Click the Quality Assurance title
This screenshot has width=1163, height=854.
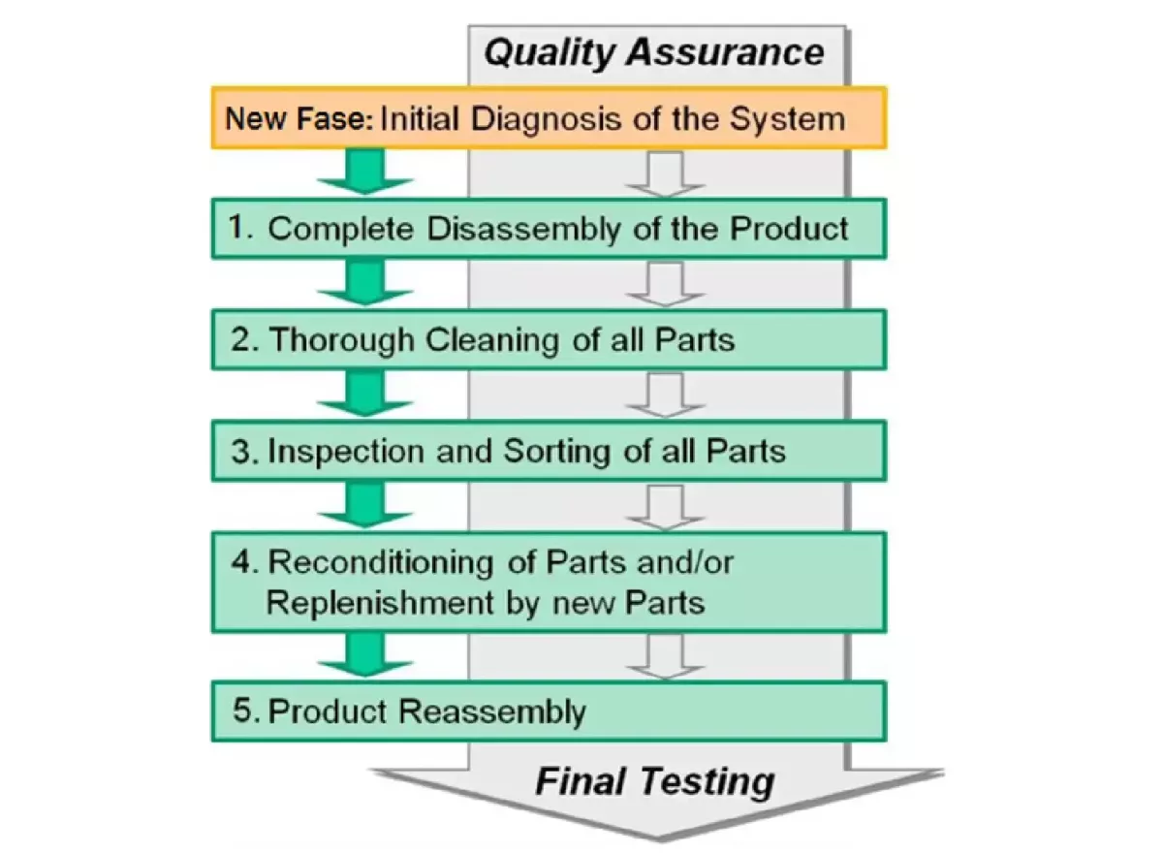point(653,51)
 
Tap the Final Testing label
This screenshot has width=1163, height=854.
point(655,780)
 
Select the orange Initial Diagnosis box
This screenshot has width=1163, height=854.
point(549,118)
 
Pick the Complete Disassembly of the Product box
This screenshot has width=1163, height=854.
point(549,229)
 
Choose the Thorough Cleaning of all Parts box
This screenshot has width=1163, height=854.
point(549,340)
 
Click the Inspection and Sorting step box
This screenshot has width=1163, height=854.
point(549,451)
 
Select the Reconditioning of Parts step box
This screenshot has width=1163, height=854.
point(549,582)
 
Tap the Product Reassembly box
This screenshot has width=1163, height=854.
point(549,711)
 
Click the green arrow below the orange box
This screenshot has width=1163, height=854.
point(365,173)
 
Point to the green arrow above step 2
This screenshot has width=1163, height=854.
point(365,284)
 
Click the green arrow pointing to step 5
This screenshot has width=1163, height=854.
point(365,655)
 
